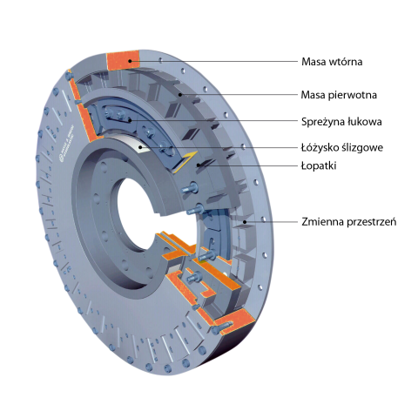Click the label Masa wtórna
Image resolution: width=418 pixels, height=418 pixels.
332,62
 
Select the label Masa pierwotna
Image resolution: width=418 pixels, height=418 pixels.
339,95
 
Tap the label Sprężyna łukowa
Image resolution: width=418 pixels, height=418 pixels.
341,121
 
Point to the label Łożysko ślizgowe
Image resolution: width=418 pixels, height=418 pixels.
342,147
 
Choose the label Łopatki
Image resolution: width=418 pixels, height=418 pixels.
319,166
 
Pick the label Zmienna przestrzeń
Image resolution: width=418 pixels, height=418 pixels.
348,222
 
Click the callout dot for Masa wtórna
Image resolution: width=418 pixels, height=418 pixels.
131,61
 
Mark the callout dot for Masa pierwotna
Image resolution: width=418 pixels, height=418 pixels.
180,94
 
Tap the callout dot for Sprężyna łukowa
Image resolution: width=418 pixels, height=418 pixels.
131,120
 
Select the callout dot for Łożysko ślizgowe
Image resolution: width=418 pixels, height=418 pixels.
140,147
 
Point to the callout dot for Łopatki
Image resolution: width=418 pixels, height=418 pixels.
199,165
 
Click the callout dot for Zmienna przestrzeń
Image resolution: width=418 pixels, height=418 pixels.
245,222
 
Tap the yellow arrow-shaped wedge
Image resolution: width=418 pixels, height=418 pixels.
185,162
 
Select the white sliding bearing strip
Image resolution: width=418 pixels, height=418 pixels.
139,143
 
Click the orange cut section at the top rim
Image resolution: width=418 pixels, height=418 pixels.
124,60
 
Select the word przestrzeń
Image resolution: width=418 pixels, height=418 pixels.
372,222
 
